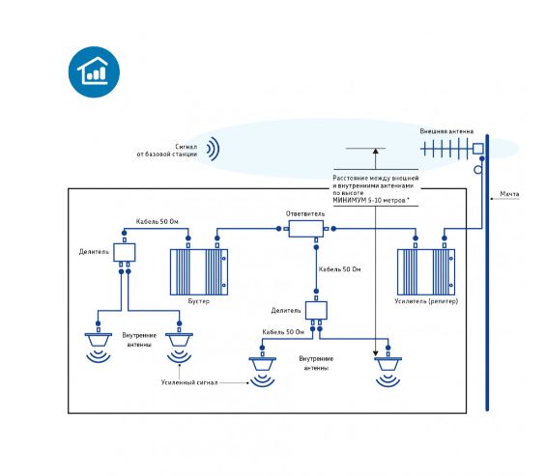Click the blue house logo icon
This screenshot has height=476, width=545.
tap(94, 71)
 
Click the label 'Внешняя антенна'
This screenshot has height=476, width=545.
tap(446, 131)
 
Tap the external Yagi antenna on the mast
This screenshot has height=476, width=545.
tap(452, 149)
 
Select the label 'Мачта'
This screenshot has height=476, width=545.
tap(509, 194)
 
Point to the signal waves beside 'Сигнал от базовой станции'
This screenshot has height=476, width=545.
tap(214, 149)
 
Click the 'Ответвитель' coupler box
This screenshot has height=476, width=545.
tap(306, 229)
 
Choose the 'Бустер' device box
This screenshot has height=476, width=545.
tap(199, 272)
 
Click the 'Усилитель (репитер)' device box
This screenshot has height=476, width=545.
tap(426, 272)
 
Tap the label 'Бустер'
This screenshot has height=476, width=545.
tap(199, 301)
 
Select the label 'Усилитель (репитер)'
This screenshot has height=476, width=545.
tap(426, 301)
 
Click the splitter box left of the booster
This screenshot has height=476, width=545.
tap(125, 252)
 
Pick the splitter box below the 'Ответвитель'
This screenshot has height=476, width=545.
tap(316, 310)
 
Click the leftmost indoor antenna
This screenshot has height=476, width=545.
tap(99, 340)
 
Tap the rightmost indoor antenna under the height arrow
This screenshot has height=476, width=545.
tap(387, 364)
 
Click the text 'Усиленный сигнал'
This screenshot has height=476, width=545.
tap(189, 382)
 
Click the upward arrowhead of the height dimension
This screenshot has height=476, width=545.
tap(375, 151)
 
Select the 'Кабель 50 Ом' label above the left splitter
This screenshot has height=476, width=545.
tap(158, 221)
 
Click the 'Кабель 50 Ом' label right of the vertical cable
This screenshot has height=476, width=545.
tap(339, 269)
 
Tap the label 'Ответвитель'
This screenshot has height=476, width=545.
tap(305, 213)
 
